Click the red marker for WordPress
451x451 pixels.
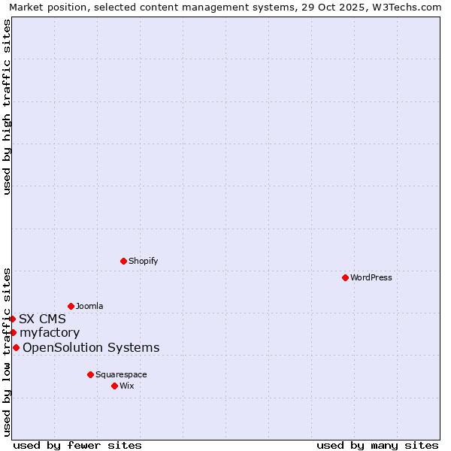point(345,277)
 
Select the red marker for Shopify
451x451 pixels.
point(123,261)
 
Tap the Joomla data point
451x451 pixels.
point(71,306)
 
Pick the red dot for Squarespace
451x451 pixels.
point(90,374)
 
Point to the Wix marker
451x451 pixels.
point(114,386)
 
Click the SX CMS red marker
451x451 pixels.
point(12,319)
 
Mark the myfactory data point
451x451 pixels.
point(13,332)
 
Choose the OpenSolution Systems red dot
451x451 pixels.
point(16,347)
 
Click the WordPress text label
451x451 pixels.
point(371,277)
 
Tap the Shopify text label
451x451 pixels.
point(144,261)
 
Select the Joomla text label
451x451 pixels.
point(89,306)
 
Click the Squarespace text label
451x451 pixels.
point(121,374)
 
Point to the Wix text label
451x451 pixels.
point(127,386)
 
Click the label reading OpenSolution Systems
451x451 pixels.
point(91,347)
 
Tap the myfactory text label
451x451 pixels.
point(50,332)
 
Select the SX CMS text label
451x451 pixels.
point(42,319)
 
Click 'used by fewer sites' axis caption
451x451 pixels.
point(77,445)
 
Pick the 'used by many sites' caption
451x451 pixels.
point(377,445)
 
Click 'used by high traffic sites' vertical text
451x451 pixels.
point(7,106)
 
